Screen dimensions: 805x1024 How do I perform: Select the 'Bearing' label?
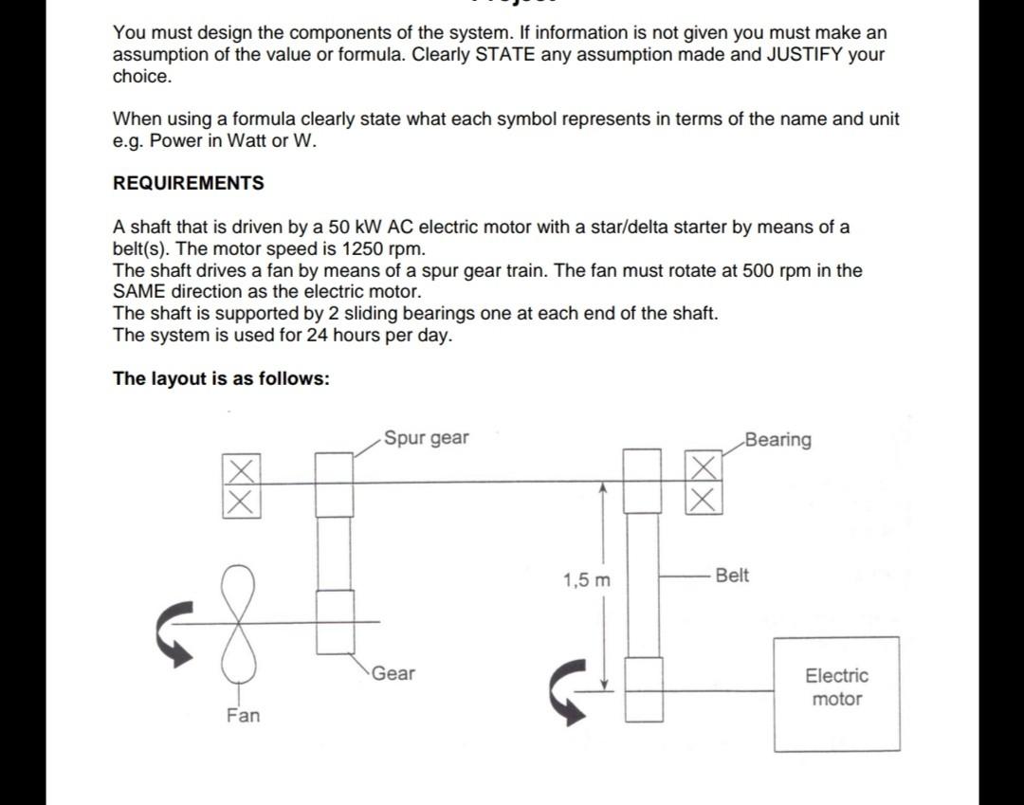tap(778, 439)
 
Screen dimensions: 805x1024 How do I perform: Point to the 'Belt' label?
tap(732, 576)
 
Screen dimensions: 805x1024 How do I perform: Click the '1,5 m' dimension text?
tap(587, 580)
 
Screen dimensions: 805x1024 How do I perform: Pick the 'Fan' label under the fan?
tap(243, 716)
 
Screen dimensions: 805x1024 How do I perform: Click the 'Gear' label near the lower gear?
tap(393, 673)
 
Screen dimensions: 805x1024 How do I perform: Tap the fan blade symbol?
tap(240, 621)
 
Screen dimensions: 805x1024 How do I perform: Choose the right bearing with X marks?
tap(703, 484)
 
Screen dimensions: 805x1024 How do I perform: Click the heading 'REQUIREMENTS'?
tap(189, 183)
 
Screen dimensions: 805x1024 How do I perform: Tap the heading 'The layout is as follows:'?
tap(221, 379)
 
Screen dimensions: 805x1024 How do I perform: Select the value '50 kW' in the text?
tap(351, 228)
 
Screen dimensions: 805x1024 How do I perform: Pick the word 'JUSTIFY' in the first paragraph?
tap(809, 54)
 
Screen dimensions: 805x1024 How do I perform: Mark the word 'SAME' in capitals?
tap(139, 292)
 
